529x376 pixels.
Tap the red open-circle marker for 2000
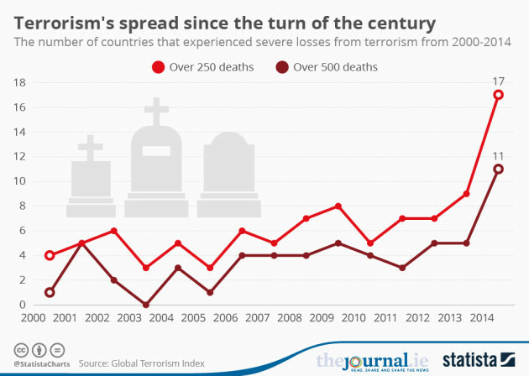50,255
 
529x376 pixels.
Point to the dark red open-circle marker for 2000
50,292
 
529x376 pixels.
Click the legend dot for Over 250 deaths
156,66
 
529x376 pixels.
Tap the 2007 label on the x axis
258,320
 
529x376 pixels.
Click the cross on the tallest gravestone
156,112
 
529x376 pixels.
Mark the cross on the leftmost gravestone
90,148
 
